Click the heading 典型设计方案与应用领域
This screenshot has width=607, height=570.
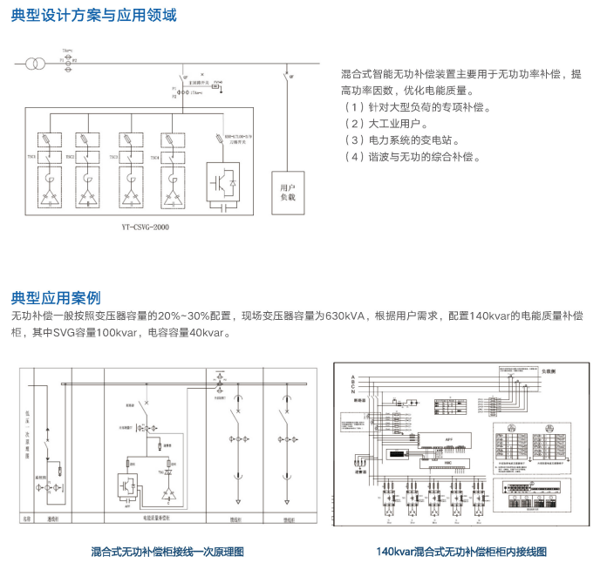(93, 16)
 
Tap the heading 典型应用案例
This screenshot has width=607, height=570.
(55, 297)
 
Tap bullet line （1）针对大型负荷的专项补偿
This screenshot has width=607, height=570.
(419, 107)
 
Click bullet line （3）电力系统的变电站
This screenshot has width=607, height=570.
(402, 140)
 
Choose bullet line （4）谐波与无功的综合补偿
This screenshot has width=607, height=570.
(413, 157)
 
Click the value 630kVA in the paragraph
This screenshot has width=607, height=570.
(345, 316)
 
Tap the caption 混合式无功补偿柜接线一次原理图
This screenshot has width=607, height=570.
(167, 551)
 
